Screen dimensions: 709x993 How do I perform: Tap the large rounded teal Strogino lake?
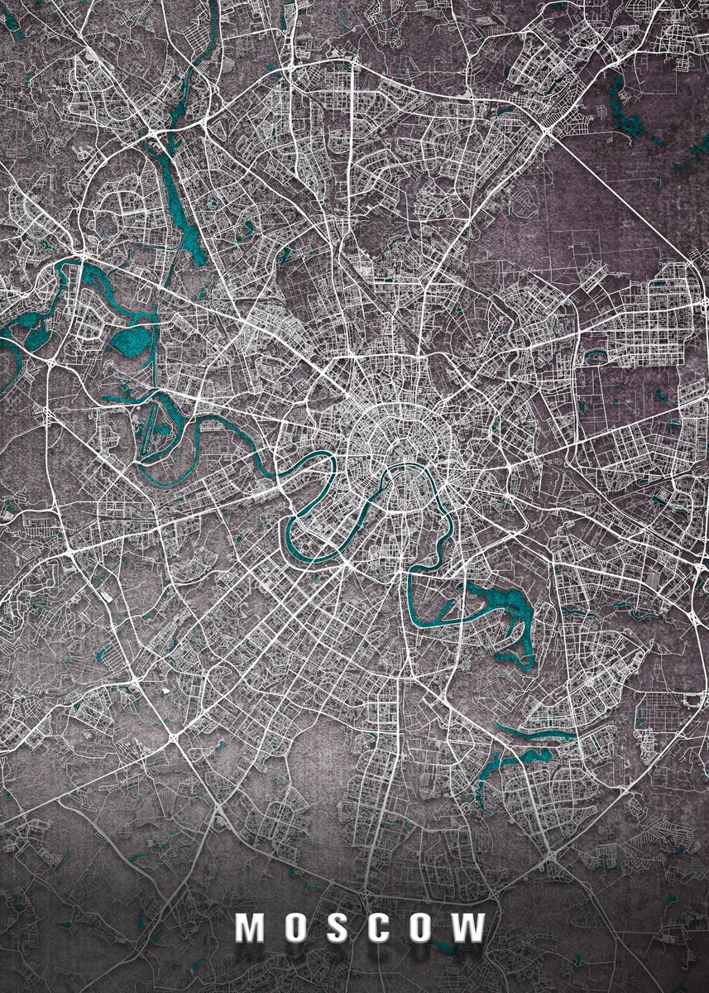click(132, 340)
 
